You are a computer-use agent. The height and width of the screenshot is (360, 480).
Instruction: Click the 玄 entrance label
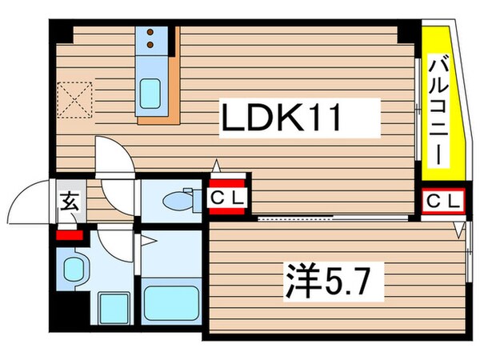(x=69, y=202)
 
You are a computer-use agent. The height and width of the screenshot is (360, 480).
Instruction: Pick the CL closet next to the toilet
(x=230, y=196)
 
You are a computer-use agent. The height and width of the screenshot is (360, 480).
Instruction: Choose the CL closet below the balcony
(x=442, y=202)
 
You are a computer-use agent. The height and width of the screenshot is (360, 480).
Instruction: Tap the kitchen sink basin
(x=150, y=94)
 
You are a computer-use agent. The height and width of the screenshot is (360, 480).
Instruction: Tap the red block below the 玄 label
(x=69, y=235)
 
